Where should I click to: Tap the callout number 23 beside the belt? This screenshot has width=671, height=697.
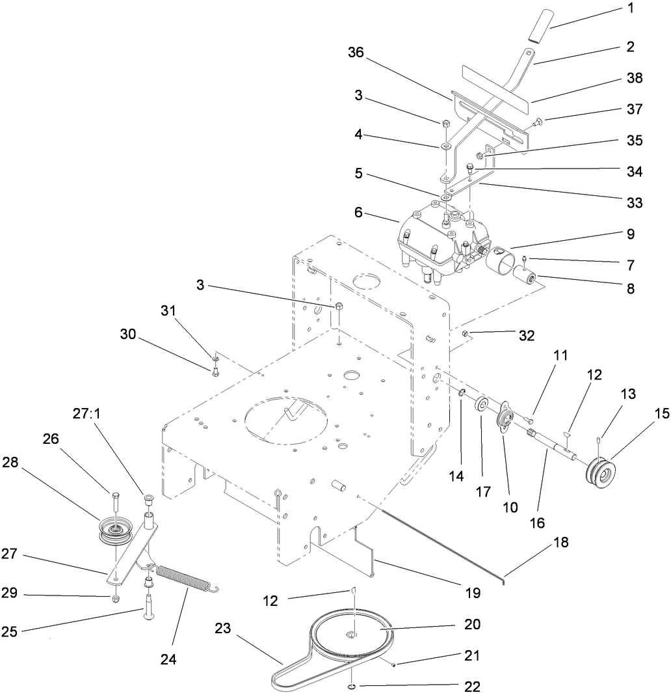point(223,630)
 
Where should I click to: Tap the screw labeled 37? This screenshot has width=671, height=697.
point(537,122)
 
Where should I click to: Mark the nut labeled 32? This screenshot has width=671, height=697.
point(466,333)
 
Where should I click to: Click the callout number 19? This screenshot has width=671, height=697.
point(472,593)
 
